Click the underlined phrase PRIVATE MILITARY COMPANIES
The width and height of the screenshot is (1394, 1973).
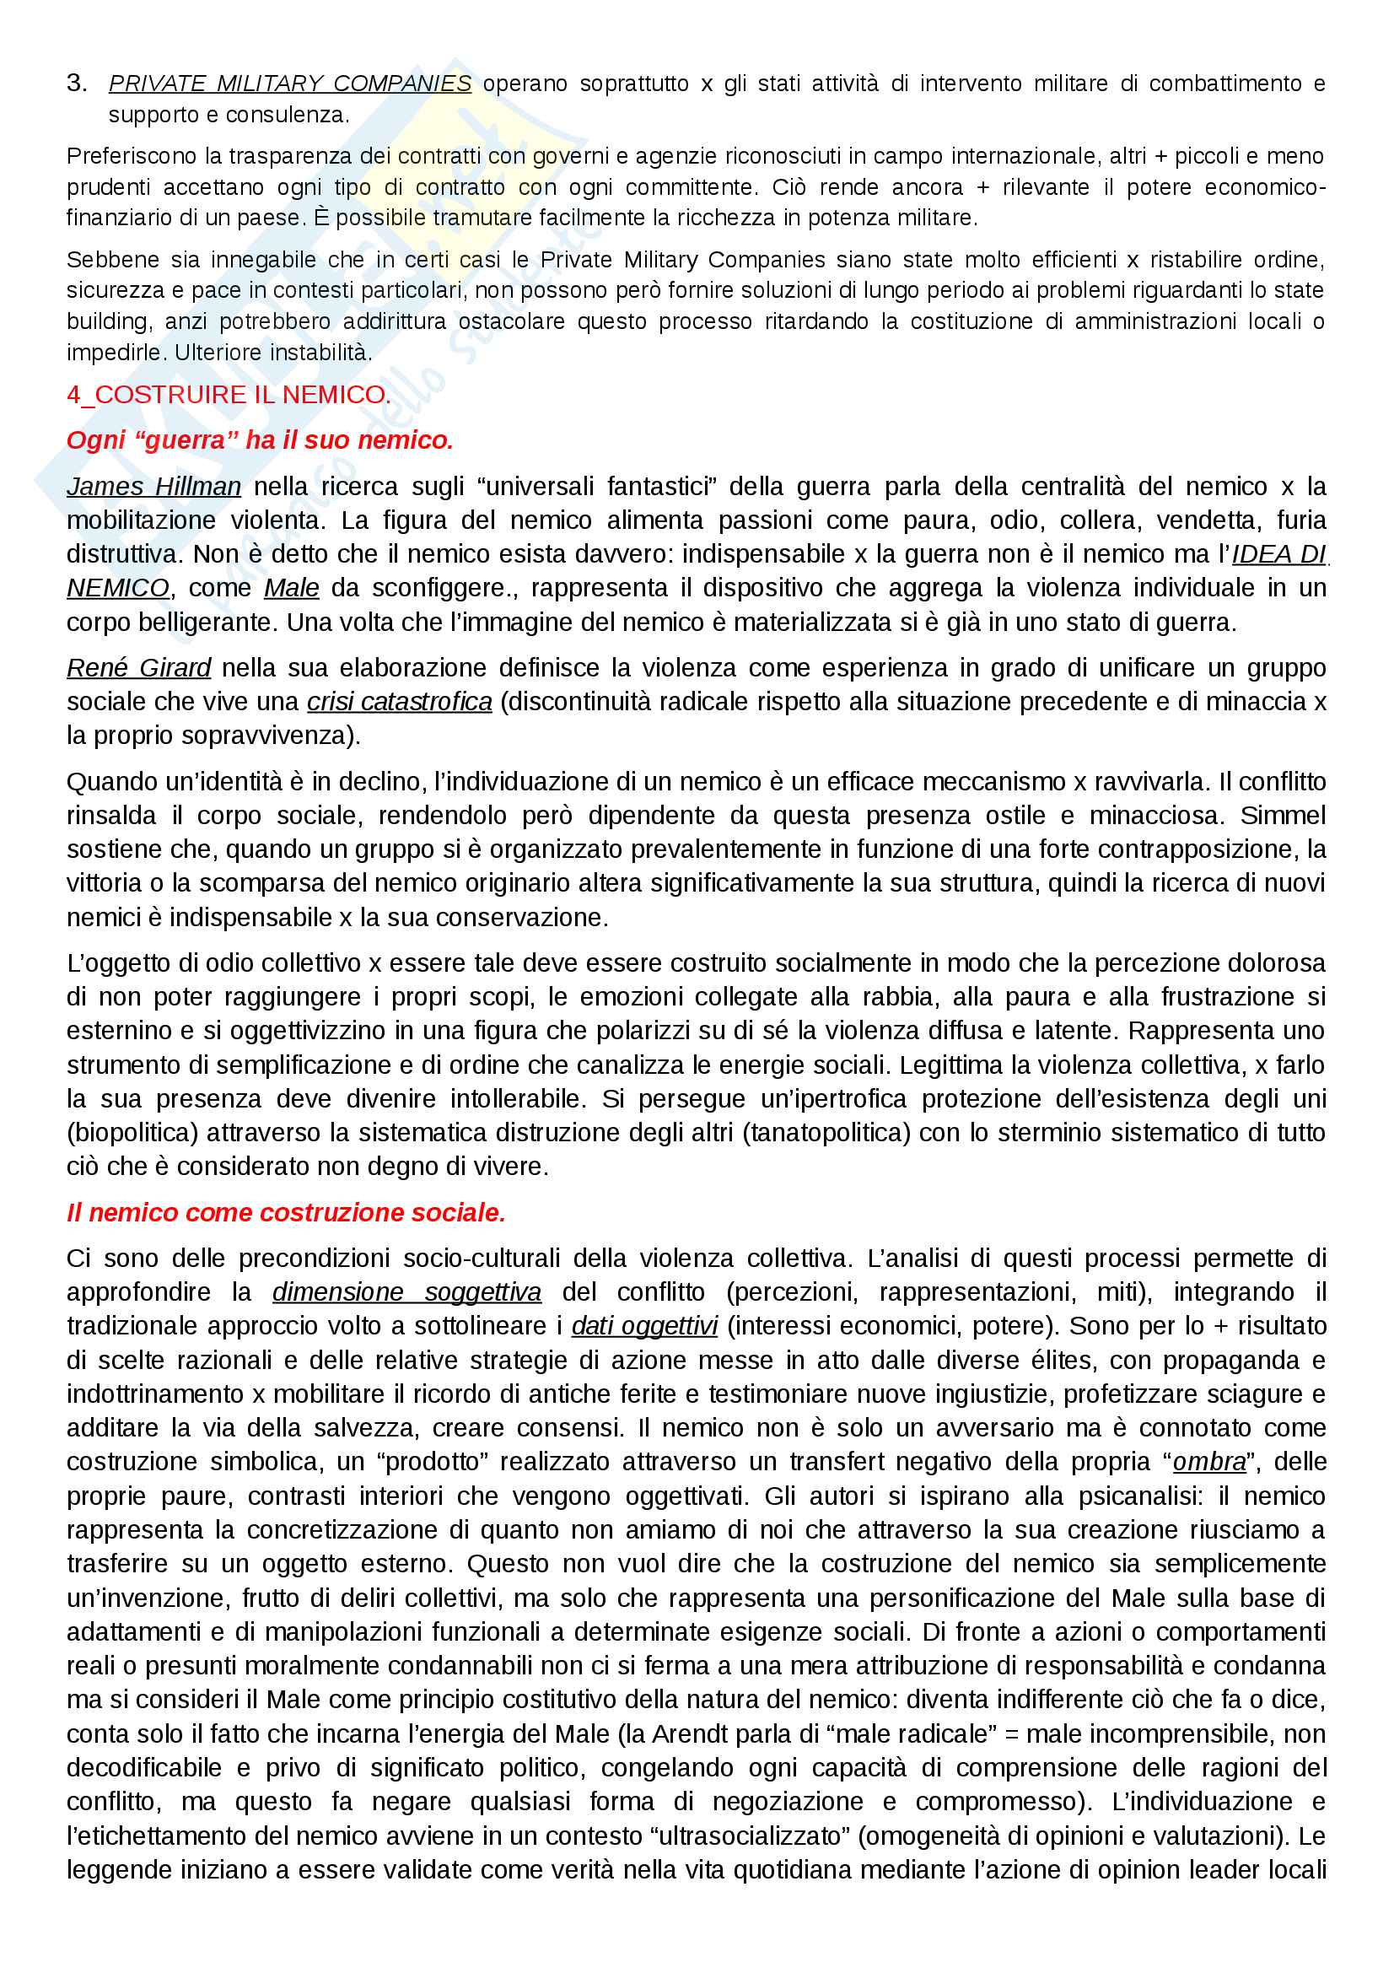pyautogui.click(x=289, y=84)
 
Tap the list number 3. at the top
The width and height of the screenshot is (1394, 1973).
pyautogui.click(x=77, y=84)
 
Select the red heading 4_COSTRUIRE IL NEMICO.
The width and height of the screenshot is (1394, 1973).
pyautogui.click(x=229, y=395)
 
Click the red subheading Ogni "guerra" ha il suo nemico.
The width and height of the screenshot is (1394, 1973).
pyautogui.click(x=260, y=440)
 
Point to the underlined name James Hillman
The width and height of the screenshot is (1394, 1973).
pyautogui.click(x=153, y=487)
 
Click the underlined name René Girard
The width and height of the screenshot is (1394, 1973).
pyautogui.click(x=138, y=668)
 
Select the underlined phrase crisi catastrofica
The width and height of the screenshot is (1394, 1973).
pyautogui.click(x=400, y=702)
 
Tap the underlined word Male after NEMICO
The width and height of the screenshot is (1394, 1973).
pyautogui.click(x=291, y=588)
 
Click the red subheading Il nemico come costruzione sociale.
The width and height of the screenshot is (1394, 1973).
pyautogui.click(x=286, y=1212)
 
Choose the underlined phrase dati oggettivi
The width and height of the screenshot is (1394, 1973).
pyautogui.click(x=644, y=1326)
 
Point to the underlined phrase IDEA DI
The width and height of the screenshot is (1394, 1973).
pyautogui.click(x=1279, y=554)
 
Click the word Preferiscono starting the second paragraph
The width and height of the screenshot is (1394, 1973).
pyautogui.click(x=132, y=156)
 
